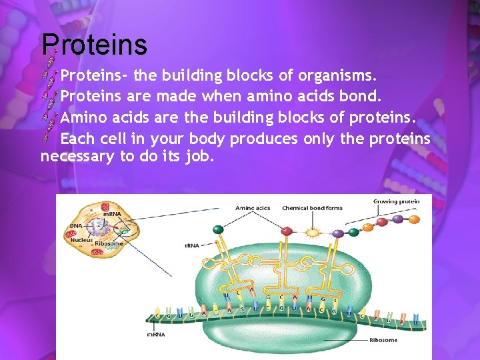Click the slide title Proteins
[94, 45]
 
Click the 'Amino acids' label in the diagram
[253, 208]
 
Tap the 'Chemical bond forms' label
[312, 208]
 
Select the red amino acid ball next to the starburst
[287, 231]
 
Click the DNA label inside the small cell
[75, 226]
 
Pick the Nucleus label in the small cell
[81, 239]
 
